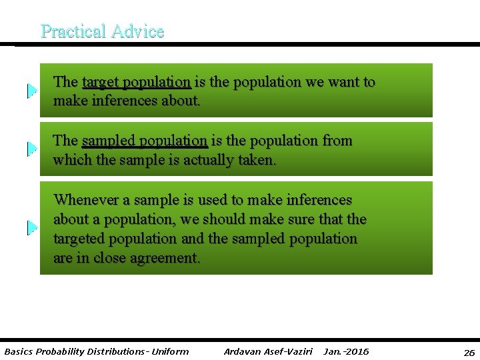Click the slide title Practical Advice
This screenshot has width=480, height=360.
tap(102, 31)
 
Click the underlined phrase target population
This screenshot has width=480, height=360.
tap(136, 82)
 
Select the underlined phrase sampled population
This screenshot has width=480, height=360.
tap(144, 141)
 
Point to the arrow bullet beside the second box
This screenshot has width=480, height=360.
tap(32, 149)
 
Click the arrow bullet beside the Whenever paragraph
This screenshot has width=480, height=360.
tap(32, 228)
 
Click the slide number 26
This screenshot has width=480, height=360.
tap(469, 352)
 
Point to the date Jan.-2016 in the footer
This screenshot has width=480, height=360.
tap(345, 351)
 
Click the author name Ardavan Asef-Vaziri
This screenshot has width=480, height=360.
tap(268, 351)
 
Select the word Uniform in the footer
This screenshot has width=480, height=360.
tap(171, 351)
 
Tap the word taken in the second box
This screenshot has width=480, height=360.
tap(257, 160)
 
